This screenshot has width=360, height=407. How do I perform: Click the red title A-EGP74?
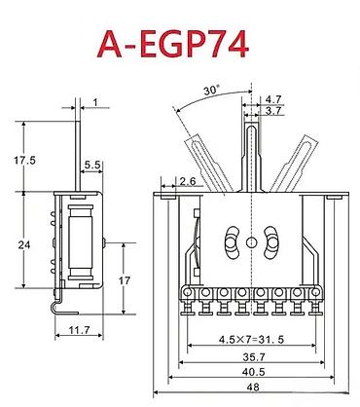pos(173,45)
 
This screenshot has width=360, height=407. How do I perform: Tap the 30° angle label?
pos(211,90)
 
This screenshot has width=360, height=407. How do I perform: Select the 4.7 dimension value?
pos(273,99)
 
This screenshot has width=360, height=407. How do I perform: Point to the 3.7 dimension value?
pos(273,111)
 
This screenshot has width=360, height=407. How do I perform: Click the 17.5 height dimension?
pos(24,160)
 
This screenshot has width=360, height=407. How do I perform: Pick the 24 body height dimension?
pos(24,244)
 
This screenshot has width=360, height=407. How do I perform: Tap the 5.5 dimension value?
pos(92,165)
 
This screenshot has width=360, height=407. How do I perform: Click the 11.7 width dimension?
pos(79,330)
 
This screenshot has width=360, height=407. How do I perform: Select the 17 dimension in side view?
pos(124,280)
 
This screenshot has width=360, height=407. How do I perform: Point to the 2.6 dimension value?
pos(188,181)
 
